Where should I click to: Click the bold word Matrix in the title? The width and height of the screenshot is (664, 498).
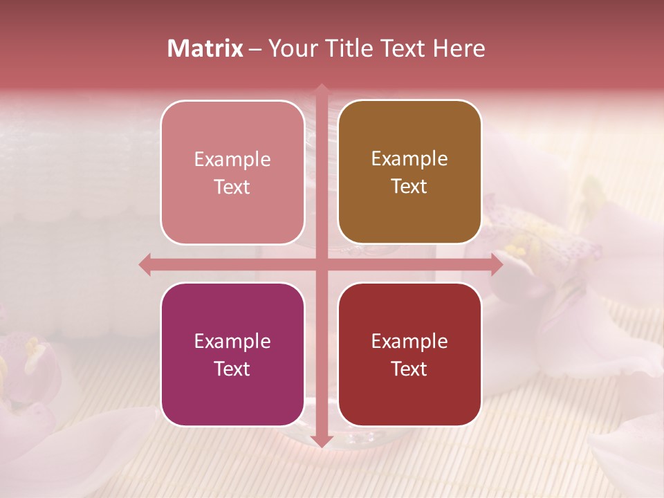tap(205, 48)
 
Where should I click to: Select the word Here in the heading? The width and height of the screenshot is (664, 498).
tap(459, 48)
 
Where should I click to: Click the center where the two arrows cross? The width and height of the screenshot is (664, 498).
tap(320, 264)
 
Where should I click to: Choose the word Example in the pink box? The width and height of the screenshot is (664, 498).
tap(232, 160)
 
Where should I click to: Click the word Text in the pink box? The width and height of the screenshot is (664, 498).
tap(232, 187)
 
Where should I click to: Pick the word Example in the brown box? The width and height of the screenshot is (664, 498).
tap(409, 159)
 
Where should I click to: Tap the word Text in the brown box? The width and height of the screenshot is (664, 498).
tap(409, 187)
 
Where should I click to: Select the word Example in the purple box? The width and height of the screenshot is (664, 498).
tap(232, 342)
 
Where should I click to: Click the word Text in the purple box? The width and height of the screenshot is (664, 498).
tap(232, 369)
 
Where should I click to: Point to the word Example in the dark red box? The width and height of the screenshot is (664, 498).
tap(409, 342)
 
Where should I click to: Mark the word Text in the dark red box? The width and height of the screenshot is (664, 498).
tap(409, 369)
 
